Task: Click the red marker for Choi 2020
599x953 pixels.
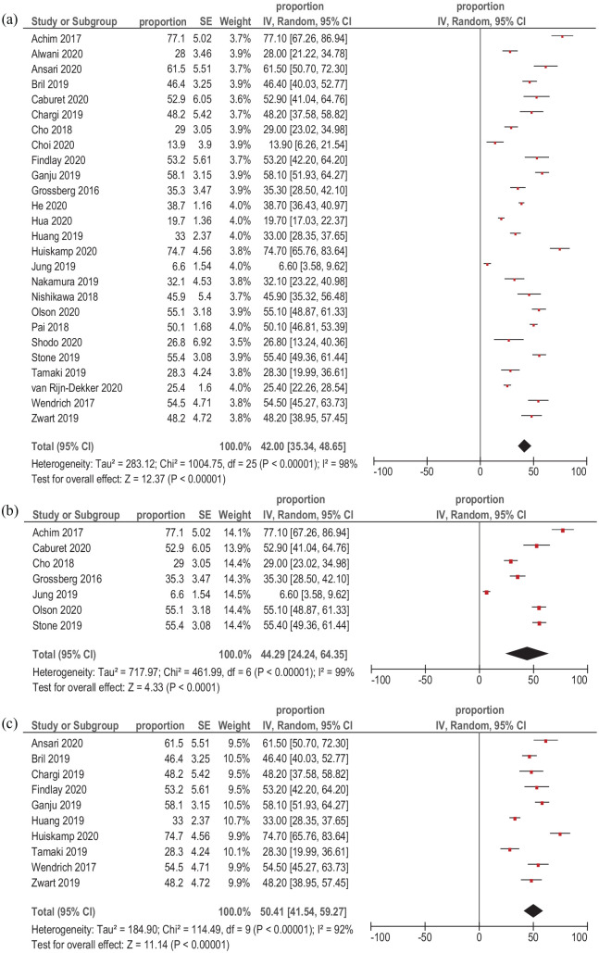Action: click(x=494, y=143)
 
